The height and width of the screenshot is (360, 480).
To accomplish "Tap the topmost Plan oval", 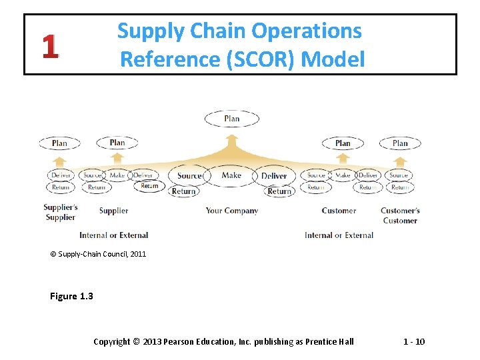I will coord(232,119).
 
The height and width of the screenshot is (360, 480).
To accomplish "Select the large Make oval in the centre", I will coord(231,175).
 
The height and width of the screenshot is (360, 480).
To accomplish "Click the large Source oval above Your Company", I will coord(189,176).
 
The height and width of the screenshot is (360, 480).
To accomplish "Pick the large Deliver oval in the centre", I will coord(274,176).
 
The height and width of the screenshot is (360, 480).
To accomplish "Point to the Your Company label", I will coord(231,211).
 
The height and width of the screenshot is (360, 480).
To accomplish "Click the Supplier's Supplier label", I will coord(61,212).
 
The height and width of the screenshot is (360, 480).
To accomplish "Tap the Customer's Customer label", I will coord(400,215).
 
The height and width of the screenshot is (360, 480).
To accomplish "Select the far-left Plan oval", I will coord(59,143).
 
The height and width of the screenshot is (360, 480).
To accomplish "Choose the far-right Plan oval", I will coord(400,143).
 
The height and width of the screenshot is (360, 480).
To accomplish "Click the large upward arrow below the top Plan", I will coord(232,142).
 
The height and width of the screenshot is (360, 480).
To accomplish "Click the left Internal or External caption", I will coord(113,235).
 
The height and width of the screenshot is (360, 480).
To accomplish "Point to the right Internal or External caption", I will coord(339,235).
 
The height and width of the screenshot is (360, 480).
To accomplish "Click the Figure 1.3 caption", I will coord(71,296).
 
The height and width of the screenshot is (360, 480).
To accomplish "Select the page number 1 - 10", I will coord(414,342).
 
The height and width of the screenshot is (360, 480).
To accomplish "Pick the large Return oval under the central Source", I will coord(183,191).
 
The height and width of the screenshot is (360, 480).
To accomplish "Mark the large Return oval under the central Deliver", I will coord(279,191).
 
